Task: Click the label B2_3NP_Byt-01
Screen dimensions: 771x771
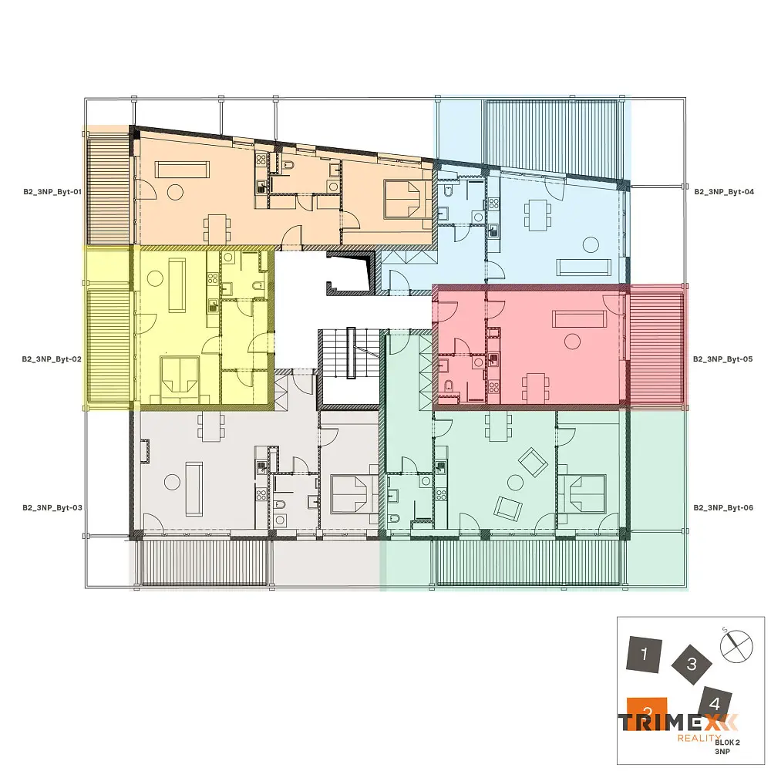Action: coord(52,192)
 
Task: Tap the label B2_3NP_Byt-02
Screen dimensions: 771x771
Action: coord(52,359)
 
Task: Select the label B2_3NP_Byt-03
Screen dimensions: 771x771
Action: coord(52,507)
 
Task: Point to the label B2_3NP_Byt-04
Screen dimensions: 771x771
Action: coord(724,192)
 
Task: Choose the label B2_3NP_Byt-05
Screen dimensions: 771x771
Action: coord(723,359)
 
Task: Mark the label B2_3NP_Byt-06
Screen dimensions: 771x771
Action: coord(723,507)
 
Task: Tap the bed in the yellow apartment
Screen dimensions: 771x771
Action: coord(180,376)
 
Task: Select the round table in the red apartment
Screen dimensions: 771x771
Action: coord(572,342)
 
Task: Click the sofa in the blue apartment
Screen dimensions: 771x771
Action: coord(584,267)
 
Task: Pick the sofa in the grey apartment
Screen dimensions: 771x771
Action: coord(194,488)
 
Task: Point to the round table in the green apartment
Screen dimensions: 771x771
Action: coord(515,483)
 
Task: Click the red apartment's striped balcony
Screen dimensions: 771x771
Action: coord(656,348)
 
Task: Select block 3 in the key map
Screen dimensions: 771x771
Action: coord(692,664)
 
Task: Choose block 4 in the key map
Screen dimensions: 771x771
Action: coord(715,704)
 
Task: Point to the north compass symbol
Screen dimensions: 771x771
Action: coord(736,645)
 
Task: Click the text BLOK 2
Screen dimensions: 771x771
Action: coord(727,742)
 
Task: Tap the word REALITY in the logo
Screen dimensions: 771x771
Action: coord(699,738)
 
